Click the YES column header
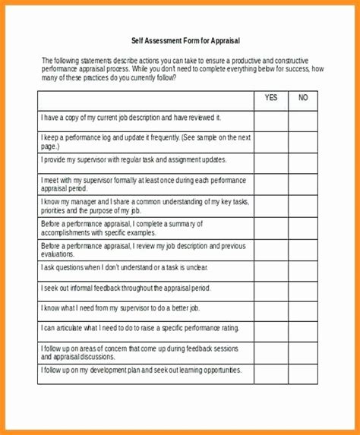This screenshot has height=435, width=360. tap(271, 98)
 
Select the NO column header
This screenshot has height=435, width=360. tap(303, 98)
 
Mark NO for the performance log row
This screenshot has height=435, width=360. tap(303, 141)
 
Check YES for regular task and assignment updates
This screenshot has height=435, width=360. tap(271, 162)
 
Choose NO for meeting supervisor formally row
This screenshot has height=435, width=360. tap(303, 184)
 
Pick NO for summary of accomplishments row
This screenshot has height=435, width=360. tap(303, 229)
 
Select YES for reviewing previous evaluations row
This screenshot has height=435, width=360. tap(271, 251)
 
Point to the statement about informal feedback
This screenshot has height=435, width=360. tap(125, 288)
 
